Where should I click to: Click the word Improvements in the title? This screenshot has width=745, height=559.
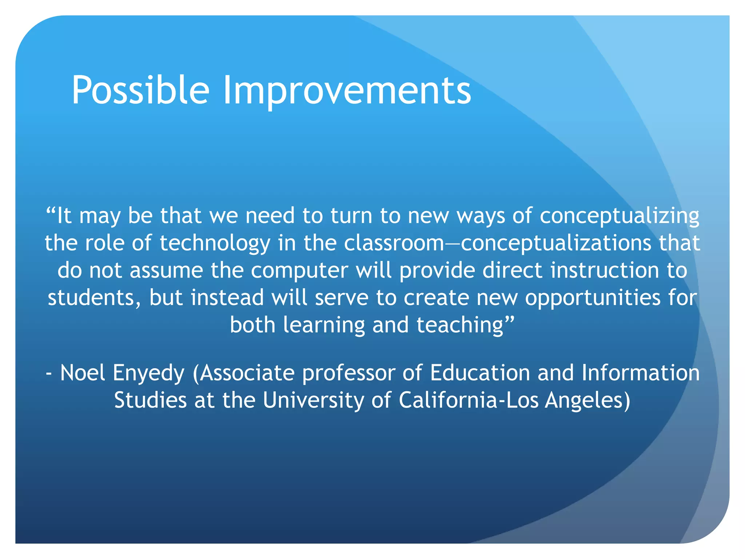click(x=347, y=90)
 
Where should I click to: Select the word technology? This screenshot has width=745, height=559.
click(x=215, y=243)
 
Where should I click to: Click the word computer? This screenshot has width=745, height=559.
click(x=299, y=271)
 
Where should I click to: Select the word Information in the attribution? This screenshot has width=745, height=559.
click(x=640, y=373)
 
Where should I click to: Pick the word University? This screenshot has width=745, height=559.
click(x=313, y=401)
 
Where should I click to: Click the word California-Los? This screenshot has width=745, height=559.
click(x=469, y=400)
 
